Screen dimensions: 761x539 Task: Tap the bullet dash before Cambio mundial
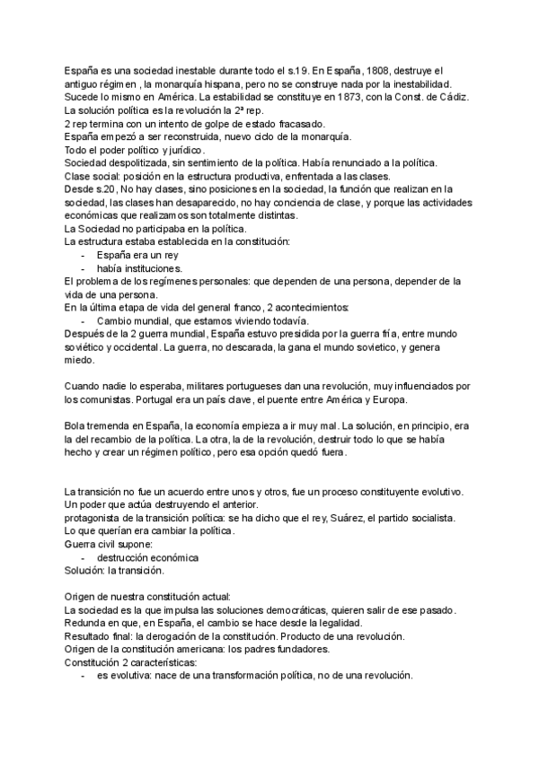coord(84,321)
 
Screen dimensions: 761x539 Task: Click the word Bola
coord(75,425)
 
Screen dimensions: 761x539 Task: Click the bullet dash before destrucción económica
coord(84,557)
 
